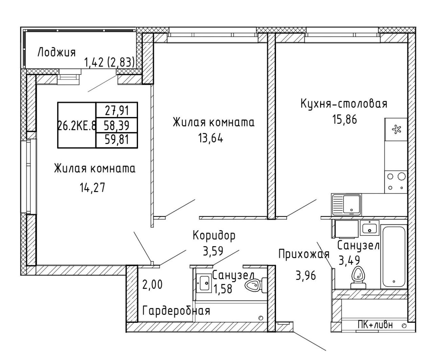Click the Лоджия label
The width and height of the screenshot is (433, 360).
56,52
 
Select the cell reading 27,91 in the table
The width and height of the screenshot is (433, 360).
117,111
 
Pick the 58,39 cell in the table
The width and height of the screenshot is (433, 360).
117,125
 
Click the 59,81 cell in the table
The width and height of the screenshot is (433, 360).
117,140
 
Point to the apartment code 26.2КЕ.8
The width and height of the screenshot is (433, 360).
77,126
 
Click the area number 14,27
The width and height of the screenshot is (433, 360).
92,187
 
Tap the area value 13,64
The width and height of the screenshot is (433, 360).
211,138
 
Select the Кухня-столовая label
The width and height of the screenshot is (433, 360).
344,104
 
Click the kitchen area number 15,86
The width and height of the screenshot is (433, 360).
344,119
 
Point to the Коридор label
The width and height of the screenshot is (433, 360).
214,236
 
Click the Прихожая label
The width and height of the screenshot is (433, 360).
303,254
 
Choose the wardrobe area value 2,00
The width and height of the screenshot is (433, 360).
153,284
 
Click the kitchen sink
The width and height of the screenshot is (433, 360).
346,205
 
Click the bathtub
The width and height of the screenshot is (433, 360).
394,257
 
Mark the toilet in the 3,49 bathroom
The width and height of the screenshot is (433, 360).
358,278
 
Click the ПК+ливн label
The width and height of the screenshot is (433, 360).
375,325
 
